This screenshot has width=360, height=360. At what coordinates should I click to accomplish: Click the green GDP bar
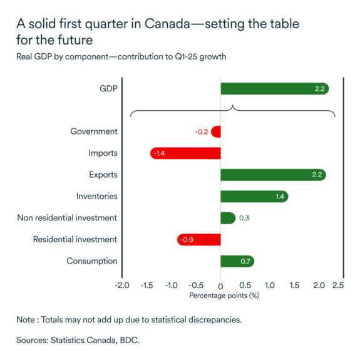click(274, 88)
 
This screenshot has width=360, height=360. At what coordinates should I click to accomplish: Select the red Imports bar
click(185, 153)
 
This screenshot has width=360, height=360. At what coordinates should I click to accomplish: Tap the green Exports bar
click(273, 175)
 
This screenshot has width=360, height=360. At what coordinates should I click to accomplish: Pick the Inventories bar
click(254, 197)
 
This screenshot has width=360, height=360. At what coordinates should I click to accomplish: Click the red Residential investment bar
click(199, 239)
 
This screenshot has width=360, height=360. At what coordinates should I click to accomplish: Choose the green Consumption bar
click(237, 261)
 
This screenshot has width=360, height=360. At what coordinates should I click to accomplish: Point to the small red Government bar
click(216, 131)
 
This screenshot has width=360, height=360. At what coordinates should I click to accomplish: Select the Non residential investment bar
click(227, 218)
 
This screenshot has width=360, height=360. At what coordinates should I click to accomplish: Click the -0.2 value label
click(202, 132)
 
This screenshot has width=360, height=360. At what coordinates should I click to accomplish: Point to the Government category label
click(93, 131)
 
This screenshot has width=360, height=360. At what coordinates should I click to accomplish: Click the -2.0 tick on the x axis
click(121, 285)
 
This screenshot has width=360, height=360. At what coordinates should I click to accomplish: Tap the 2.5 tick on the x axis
click(338, 285)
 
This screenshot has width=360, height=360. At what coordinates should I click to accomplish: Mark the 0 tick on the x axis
click(220, 285)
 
